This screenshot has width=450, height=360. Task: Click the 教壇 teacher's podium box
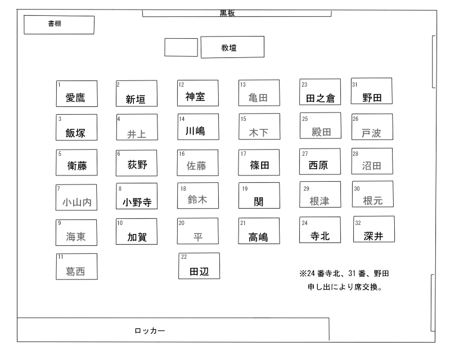pyautogui.click(x=232, y=47)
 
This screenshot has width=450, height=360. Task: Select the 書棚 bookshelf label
pyautogui.click(x=55, y=24)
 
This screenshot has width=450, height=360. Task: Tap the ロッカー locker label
pyautogui.click(x=150, y=331)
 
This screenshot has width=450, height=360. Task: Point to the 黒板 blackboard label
pyautogui.click(x=227, y=13)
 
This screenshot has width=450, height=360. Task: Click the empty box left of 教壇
pyautogui.click(x=181, y=47)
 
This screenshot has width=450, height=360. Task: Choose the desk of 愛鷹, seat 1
pyautogui.click(x=77, y=93)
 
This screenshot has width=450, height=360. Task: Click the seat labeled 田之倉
pyautogui.click(x=320, y=92)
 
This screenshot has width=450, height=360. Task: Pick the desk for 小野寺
pyautogui.click(x=137, y=196)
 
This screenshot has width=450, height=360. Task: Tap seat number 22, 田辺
pyautogui.click(x=199, y=266)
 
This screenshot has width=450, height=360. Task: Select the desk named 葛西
pyautogui.click(x=77, y=267)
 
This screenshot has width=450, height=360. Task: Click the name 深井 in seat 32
pyautogui.click(x=373, y=236)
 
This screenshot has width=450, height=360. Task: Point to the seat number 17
pyautogui.click(x=244, y=154)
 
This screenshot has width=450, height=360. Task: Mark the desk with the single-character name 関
pyautogui.click(x=259, y=196)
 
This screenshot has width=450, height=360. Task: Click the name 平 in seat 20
pyautogui.click(x=198, y=237)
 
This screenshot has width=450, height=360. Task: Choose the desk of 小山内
pyautogui.click(x=76, y=197)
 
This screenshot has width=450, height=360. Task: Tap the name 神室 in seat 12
pyautogui.click(x=195, y=97)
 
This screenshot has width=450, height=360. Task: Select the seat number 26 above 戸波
pyautogui.click(x=355, y=119)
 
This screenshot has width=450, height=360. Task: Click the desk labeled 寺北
pyautogui.click(x=320, y=230)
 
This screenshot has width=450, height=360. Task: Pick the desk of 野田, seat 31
pyautogui.click(x=372, y=91)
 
